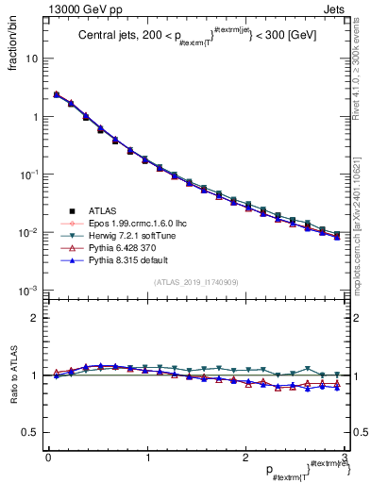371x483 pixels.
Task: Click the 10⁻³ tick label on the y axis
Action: click(x=29, y=291)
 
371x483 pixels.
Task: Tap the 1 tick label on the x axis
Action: click(x=146, y=458)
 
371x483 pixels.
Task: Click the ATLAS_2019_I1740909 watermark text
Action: click(x=195, y=281)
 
